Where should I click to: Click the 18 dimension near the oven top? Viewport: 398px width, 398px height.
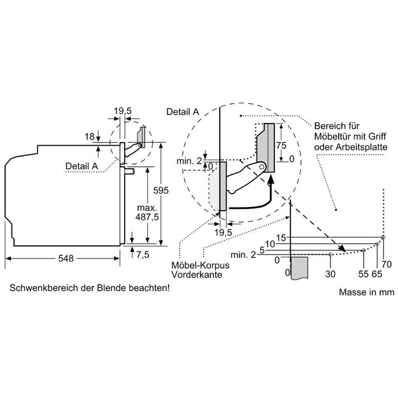pos(89,136)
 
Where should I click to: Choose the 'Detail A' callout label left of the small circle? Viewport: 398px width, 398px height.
pos(82,166)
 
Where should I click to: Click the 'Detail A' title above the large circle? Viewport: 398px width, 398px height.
pos(182,111)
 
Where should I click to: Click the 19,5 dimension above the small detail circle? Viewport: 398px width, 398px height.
pos(122,111)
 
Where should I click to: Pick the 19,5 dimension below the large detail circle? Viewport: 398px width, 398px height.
pos(222,233)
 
